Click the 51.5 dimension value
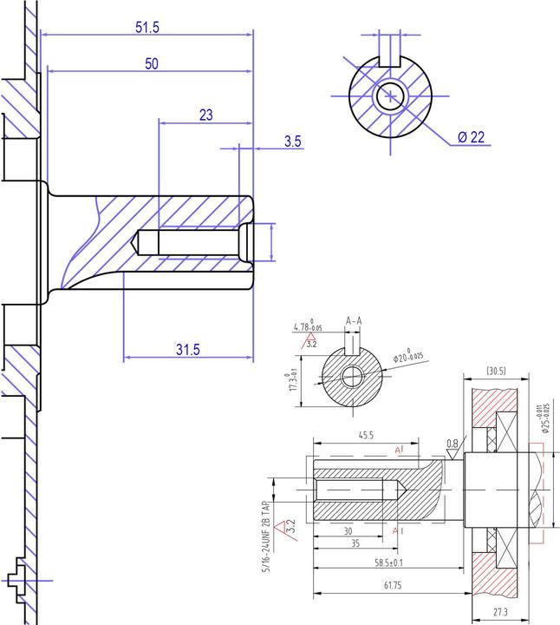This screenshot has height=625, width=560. tap(147, 27)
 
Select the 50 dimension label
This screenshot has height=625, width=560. tap(151, 64)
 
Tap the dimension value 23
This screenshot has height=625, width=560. tap(206, 115)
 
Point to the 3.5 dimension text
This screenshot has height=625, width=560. tap(293, 141)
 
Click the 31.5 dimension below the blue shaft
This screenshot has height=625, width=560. tap(187, 349)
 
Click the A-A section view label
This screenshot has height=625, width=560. tap(354, 321)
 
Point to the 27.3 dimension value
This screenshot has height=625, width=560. tap(500, 613)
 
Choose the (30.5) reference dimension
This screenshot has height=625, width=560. tap(497, 372)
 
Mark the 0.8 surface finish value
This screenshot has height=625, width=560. tap(452, 444)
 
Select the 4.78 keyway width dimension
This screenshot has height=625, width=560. tap(308, 327)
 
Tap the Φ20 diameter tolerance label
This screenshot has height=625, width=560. tap(407, 356)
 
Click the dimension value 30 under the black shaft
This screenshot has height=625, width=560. tap(348, 531)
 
